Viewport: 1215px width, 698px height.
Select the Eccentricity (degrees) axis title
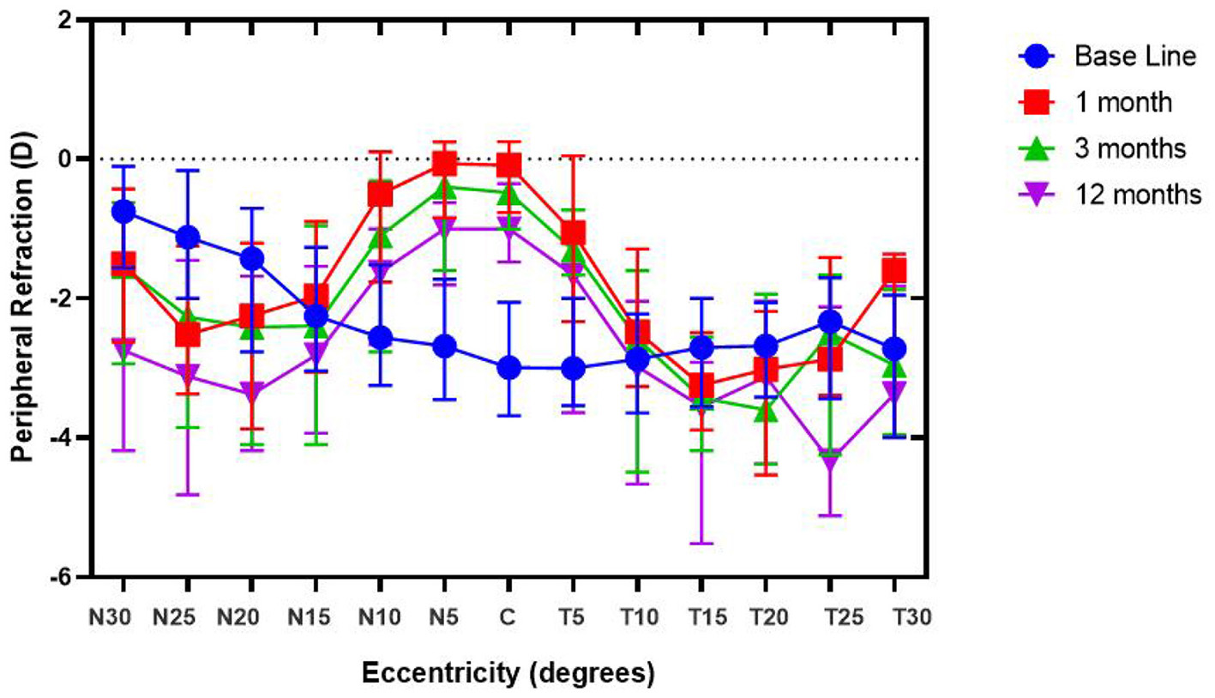pyautogui.click(x=508, y=673)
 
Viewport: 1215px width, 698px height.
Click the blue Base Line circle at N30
pyautogui.click(x=123, y=211)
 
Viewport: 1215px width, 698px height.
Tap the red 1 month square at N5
pyautogui.click(x=444, y=162)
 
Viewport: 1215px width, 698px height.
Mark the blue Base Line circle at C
pyautogui.click(x=508, y=368)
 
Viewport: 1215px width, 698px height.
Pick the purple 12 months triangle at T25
pyautogui.click(x=830, y=460)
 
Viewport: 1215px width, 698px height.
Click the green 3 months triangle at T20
pyautogui.click(x=766, y=411)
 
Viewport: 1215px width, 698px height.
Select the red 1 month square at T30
pyautogui.click(x=894, y=272)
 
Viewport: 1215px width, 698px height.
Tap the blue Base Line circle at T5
pyautogui.click(x=573, y=369)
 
